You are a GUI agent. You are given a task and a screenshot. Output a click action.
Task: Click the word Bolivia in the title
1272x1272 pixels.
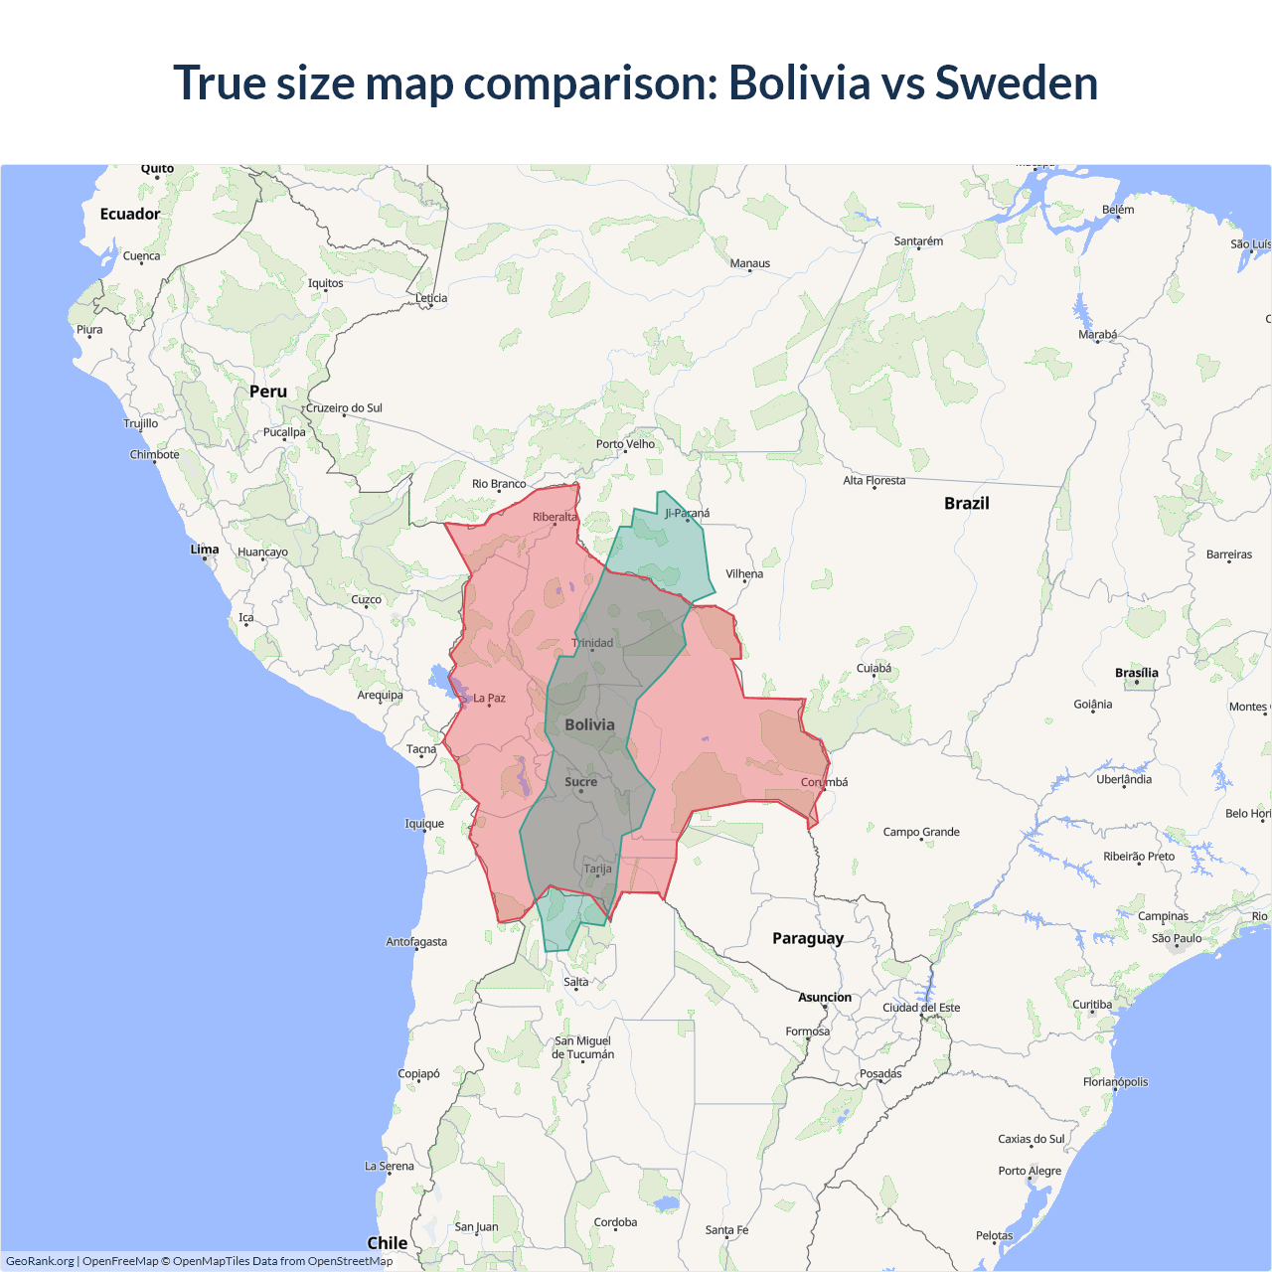tap(799, 82)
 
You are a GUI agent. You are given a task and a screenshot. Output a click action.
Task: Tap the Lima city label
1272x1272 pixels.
tap(205, 550)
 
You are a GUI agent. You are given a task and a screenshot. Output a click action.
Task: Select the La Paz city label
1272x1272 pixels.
tap(489, 699)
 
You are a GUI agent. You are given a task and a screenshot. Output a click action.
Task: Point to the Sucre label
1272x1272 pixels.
tap(581, 782)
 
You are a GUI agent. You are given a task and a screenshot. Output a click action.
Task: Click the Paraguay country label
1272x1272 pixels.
tap(808, 938)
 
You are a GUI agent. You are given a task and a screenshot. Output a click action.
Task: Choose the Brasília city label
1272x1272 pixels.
tap(1137, 673)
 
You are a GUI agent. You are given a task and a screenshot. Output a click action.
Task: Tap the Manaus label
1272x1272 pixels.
tap(750, 263)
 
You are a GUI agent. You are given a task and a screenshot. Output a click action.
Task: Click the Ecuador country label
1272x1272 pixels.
tap(130, 214)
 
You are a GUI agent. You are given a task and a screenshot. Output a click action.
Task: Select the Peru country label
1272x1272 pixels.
tap(268, 392)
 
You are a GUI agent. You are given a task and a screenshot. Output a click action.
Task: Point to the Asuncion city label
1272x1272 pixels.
tap(825, 997)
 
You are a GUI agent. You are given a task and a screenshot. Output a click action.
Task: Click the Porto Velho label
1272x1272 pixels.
tap(625, 444)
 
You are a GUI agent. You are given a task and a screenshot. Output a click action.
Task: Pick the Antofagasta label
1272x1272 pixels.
tap(416, 941)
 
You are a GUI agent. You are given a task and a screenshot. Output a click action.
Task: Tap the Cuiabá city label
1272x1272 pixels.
tap(874, 668)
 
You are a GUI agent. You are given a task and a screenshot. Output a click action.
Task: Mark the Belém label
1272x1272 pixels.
tap(1118, 210)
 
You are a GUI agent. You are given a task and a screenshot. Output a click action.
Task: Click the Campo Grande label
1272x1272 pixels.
tap(921, 832)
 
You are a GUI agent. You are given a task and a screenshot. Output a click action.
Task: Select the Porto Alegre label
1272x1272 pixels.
tap(1030, 1171)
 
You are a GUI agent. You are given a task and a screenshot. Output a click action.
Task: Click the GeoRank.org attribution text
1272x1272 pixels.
tap(40, 1261)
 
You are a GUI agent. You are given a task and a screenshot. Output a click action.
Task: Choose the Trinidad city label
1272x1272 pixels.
tap(592, 643)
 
